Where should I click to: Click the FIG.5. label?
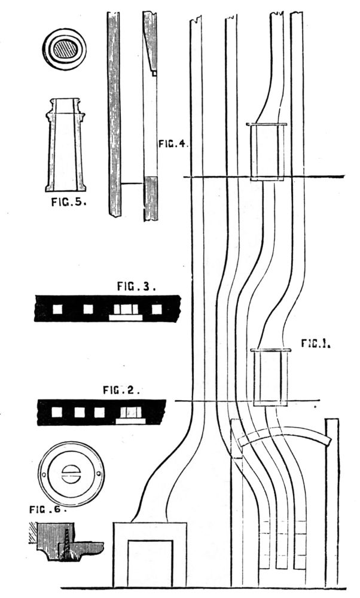point(68,202)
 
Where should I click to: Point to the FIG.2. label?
point(121,390)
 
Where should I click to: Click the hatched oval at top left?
point(64,48)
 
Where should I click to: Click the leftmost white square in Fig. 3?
point(58,309)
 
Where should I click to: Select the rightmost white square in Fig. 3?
point(157,309)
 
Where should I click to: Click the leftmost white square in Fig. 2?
point(57,412)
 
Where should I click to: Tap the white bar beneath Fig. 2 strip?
point(130,421)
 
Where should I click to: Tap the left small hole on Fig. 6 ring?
point(45,474)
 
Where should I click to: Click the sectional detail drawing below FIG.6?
point(65,542)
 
